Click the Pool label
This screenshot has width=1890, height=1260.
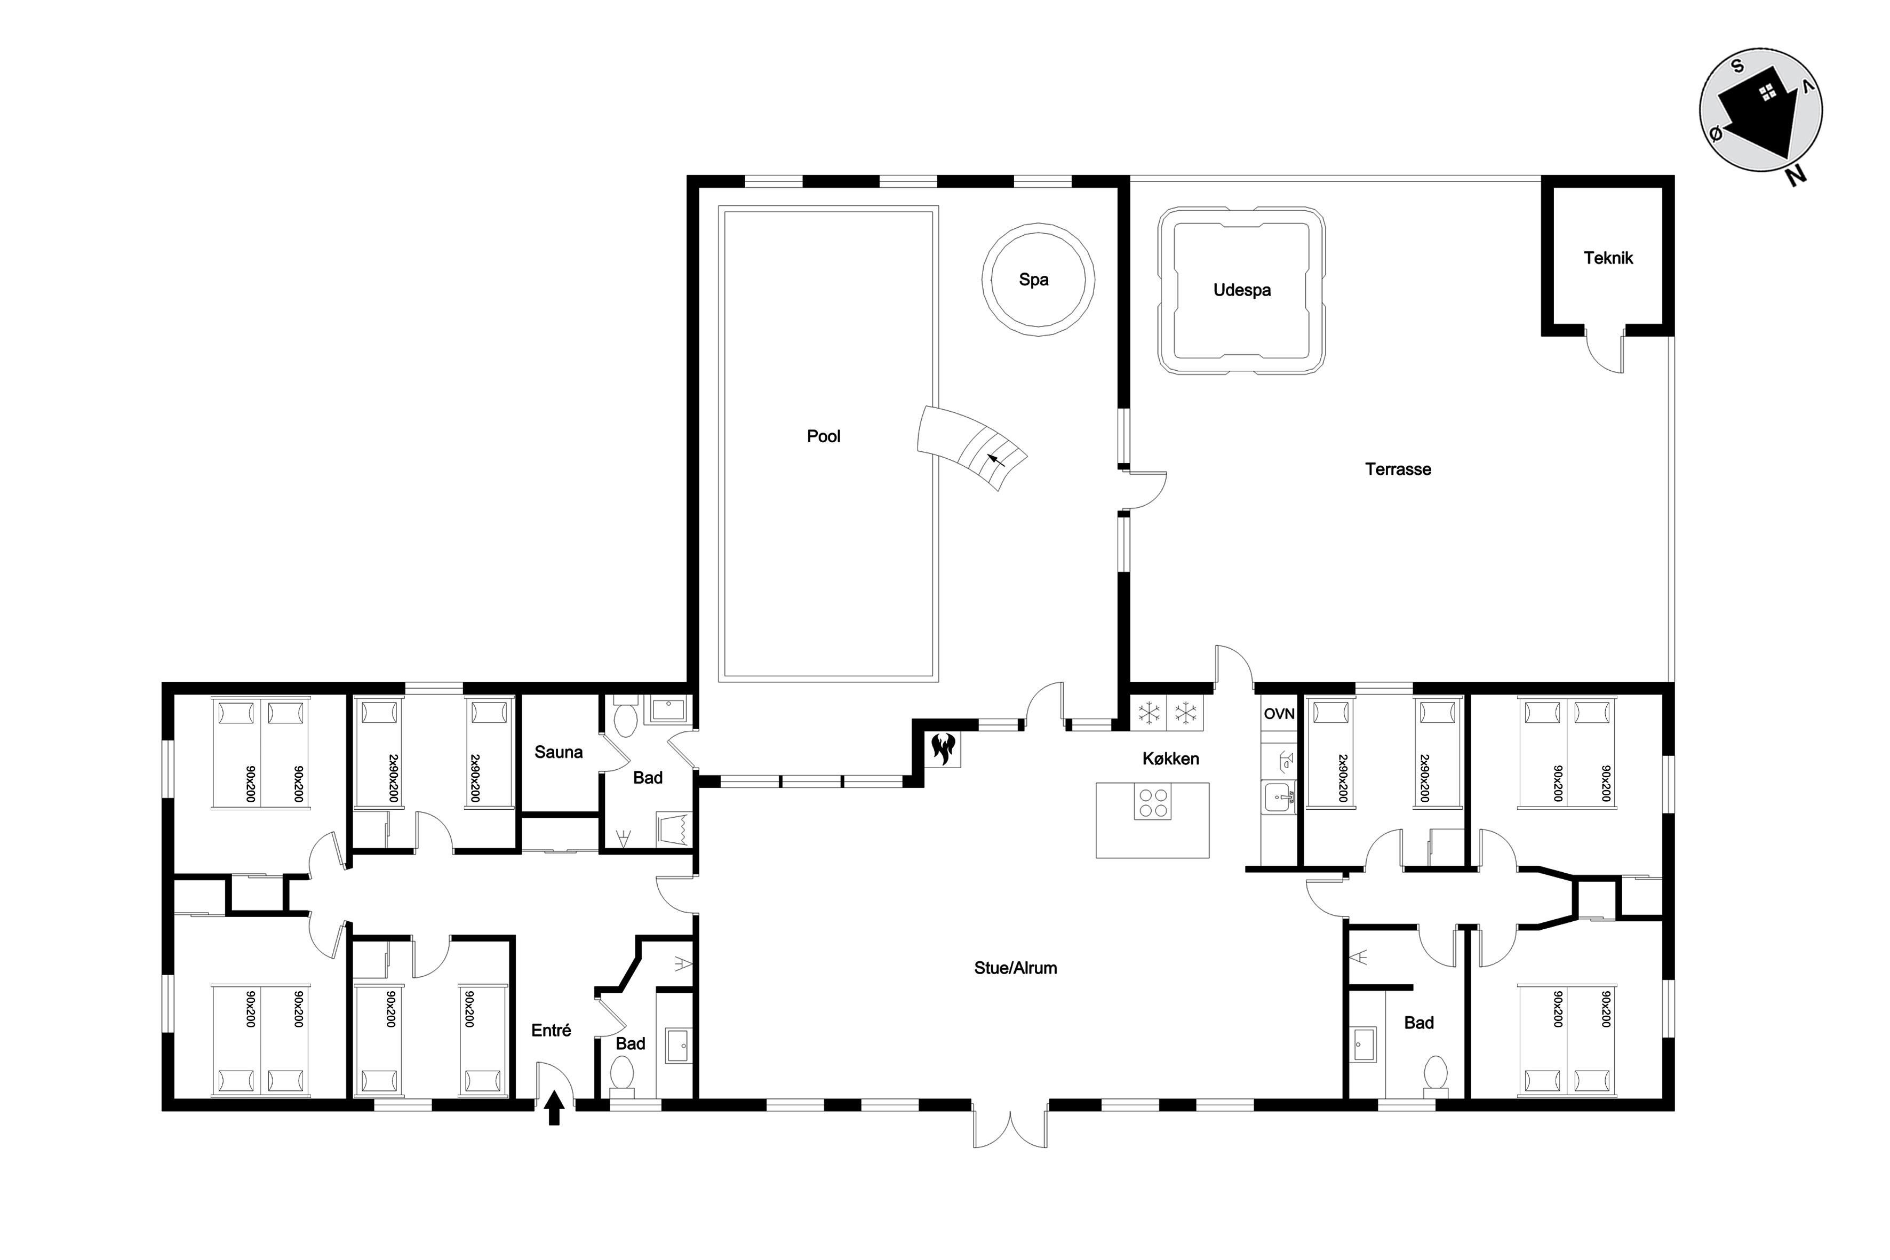[824, 436]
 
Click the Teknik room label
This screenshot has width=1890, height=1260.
[1608, 258]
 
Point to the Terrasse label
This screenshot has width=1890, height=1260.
[1398, 469]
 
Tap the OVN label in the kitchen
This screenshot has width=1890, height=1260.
[1279, 714]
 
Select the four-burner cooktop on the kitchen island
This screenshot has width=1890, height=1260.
[1153, 802]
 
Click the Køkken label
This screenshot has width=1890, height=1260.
[1171, 759]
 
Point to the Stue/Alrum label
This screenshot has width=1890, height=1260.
[1016, 968]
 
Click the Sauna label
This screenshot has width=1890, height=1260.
[559, 752]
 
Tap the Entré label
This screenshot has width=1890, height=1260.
[551, 1030]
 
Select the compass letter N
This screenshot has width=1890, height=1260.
[1797, 176]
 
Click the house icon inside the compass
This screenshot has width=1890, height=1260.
[1760, 121]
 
